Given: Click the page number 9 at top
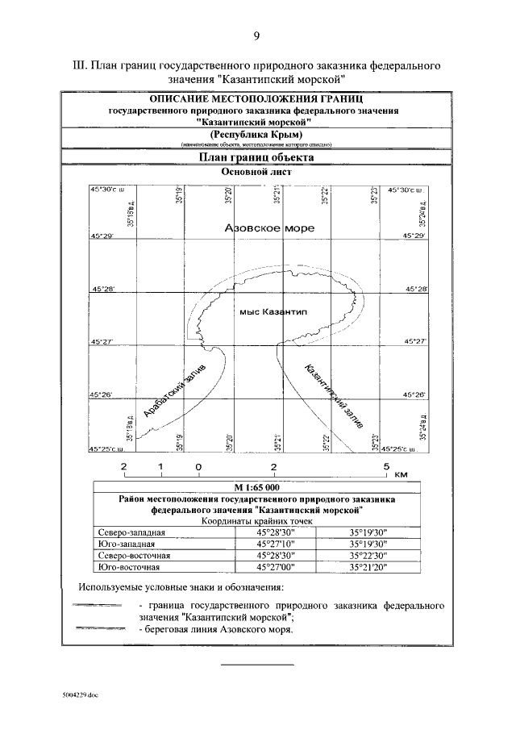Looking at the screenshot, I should pos(257,35).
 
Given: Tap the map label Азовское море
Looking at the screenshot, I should pos(269,228).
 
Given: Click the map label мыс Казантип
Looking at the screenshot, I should pos(270,311).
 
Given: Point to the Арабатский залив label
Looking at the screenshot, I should pos(175,390).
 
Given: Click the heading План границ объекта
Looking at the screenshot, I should pos(256,158).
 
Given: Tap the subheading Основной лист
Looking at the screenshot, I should pos(256,172).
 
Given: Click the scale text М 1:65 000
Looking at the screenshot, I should pos(256,488).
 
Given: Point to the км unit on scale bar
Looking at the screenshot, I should pos(403,474).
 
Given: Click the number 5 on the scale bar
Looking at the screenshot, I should pos(386,466).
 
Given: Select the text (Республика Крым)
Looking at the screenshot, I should pos(256,134).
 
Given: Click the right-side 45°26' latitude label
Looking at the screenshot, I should pos(414,394).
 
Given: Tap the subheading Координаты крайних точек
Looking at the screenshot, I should pos(256,521).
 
